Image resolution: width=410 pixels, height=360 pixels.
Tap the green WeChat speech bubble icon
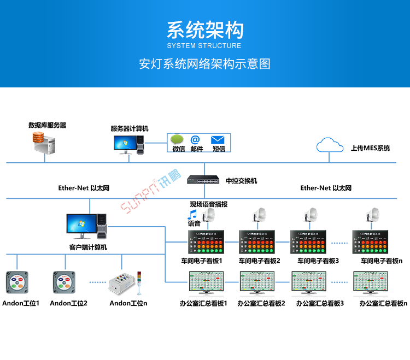coord(177,139)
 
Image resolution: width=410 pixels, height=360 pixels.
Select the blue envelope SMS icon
coord(218,139)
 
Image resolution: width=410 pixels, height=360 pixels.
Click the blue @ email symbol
coord(195,139)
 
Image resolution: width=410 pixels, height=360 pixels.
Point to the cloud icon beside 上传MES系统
coord(329,145)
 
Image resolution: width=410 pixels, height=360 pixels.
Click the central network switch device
coord(203,180)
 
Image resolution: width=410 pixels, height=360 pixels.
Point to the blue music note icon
coord(192,214)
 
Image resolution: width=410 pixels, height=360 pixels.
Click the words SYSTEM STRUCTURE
coord(204,45)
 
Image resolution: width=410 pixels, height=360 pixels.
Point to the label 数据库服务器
coord(48,125)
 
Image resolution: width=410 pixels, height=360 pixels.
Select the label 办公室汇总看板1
coord(203,303)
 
